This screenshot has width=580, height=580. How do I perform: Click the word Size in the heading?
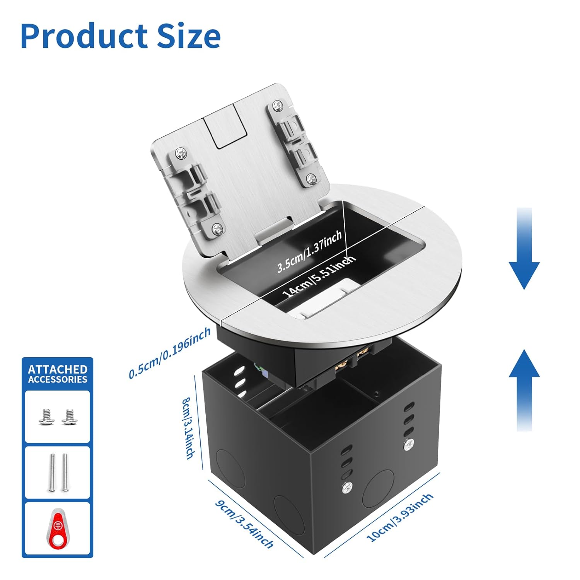click(x=189, y=36)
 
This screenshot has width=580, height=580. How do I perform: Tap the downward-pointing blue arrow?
click(x=524, y=249)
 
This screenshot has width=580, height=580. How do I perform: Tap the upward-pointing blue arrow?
click(x=524, y=390)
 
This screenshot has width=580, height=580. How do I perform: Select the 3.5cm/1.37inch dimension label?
click(x=309, y=252)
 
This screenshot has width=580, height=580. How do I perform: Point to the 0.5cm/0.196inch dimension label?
click(x=170, y=353)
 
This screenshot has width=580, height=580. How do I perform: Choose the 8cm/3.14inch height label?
click(x=188, y=428)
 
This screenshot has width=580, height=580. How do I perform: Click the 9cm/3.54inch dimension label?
click(x=244, y=524)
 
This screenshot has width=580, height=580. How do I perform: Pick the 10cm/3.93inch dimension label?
click(x=400, y=518)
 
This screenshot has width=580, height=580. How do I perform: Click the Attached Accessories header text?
click(x=58, y=374)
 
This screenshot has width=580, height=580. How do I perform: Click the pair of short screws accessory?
click(x=57, y=417)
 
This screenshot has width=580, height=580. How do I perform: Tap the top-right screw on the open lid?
click(x=277, y=105)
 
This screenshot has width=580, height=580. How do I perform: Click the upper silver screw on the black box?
click(x=408, y=445)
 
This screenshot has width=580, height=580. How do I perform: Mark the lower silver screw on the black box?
click(x=348, y=488)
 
